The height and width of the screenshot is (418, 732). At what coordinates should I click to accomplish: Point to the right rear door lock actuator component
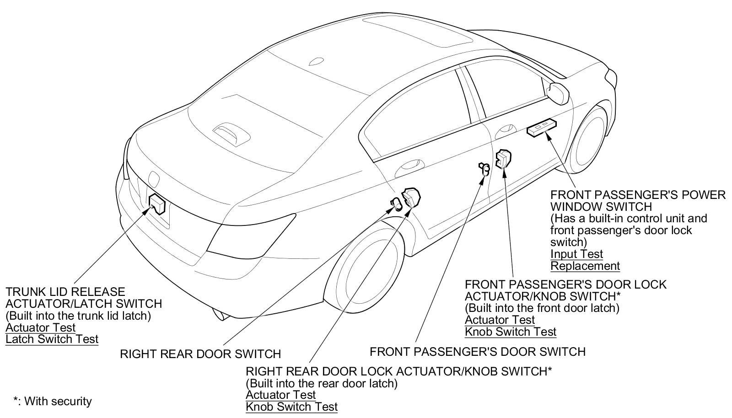click(411, 197)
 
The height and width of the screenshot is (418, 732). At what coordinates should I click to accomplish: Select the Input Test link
click(576, 254)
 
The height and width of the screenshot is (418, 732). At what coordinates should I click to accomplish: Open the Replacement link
click(585, 266)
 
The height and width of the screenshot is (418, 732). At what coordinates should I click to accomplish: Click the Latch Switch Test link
click(52, 339)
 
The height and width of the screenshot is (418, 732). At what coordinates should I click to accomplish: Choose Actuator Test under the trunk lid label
click(41, 327)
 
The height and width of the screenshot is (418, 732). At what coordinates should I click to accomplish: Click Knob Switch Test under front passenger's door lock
click(511, 332)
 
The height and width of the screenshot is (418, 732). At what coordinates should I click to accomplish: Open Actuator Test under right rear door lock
click(281, 395)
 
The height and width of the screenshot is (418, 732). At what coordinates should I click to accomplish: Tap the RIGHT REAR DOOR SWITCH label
click(200, 354)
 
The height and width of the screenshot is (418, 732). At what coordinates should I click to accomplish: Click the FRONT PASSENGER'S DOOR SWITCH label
click(477, 352)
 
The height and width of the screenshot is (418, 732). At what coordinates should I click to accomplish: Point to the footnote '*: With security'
click(53, 402)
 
